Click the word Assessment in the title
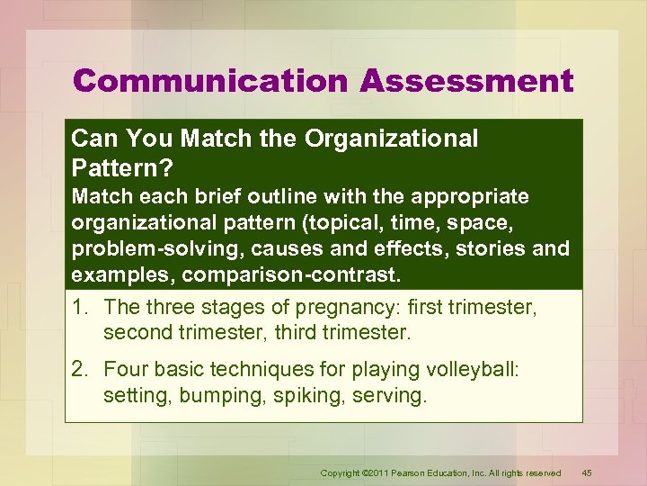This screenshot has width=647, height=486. coord(466,81)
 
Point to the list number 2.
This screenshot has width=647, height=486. coord(78,369)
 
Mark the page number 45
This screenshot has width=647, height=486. coord(587,472)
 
